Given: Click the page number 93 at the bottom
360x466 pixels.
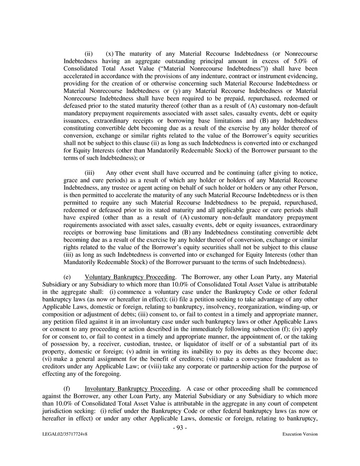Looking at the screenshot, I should (180, 428).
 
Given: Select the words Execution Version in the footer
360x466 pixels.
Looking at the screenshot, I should (300, 434).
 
